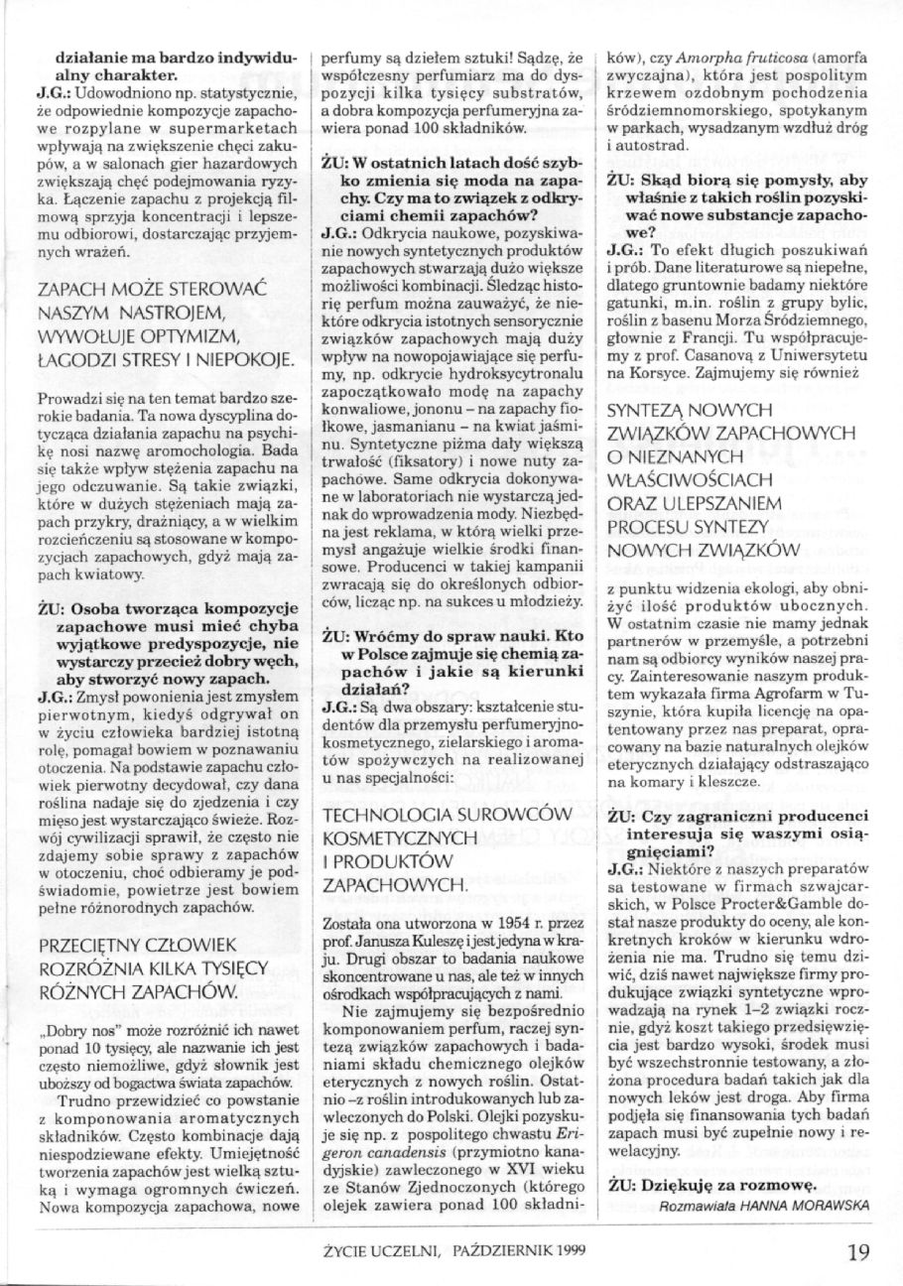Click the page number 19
(858, 1252)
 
